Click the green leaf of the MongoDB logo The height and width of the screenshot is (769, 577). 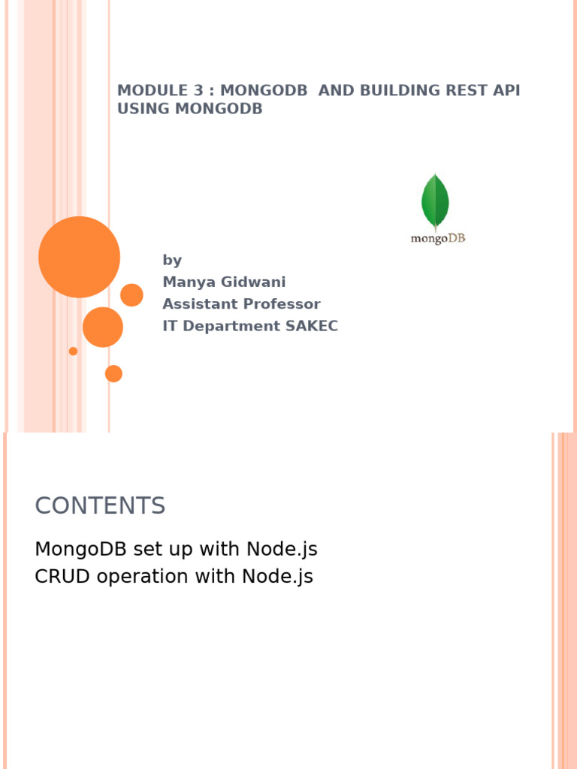click(x=435, y=201)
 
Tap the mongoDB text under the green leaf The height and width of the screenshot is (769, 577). click(x=437, y=239)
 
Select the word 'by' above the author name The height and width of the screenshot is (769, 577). click(x=172, y=261)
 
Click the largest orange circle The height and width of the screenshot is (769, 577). click(x=79, y=257)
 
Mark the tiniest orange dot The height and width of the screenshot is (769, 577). click(x=73, y=351)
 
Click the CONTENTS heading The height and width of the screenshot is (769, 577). click(x=100, y=506)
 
